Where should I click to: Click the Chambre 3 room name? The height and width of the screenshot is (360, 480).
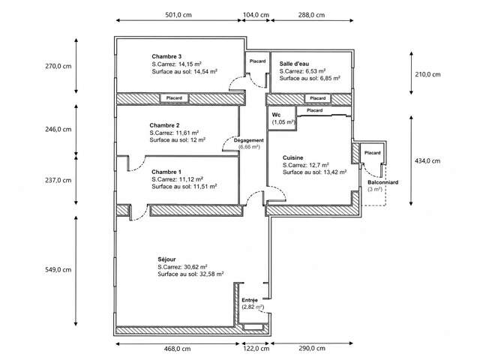pos(166,57)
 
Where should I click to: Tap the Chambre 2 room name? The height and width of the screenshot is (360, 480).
pos(164,125)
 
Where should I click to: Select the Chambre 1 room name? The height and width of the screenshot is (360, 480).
pos(166,172)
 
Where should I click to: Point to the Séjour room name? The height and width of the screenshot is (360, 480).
pos(166,259)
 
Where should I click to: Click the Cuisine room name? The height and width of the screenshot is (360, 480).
pos(293,158)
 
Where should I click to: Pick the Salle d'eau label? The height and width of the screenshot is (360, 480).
pos(294,64)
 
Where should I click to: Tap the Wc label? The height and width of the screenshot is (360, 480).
pos(276,115)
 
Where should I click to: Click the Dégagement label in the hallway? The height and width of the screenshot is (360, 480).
pos(249,140)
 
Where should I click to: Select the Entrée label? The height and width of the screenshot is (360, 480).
pos(250,300)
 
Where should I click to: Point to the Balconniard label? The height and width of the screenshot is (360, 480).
pos(383,182)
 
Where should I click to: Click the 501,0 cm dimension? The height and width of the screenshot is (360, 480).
pos(178,15)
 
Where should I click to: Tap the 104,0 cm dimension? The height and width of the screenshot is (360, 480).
pos(256,15)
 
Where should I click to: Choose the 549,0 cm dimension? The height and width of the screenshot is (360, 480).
pos(58,270)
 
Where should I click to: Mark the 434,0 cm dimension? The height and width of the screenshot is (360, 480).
pos(427,161)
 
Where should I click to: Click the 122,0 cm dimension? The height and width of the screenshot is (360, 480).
pos(256,349)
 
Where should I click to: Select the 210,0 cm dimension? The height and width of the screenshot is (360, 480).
pos(427,74)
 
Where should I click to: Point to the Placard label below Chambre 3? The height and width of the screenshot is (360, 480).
pos(174,98)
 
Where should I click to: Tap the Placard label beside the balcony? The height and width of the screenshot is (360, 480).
pos(373,153)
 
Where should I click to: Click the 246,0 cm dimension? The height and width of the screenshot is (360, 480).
pos(58,130)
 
